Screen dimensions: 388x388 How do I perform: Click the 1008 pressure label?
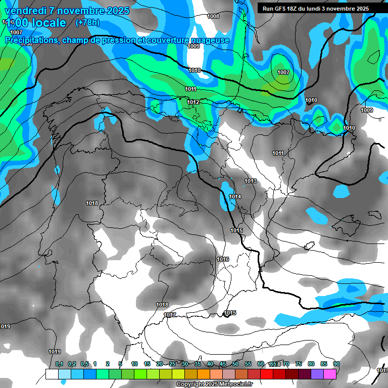pyautogui.click(x=213, y=17)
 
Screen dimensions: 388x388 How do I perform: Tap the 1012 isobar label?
pyautogui.click(x=192, y=102)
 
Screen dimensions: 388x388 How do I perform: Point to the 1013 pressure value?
pyautogui.click(x=251, y=181)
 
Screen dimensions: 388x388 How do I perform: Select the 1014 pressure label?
pyautogui.click(x=235, y=197)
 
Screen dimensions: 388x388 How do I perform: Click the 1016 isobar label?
pyautogui.click(x=223, y=259)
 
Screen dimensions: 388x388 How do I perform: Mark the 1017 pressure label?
pyautogui.click(x=170, y=315)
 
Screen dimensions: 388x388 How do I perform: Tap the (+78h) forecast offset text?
pyautogui.click(x=87, y=23)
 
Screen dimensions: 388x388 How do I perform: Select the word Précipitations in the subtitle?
pyautogui.click(x=31, y=40)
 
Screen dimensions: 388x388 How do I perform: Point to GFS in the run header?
pyautogui.click(x=283, y=9)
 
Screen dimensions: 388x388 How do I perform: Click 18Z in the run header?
pyautogui.click(x=298, y=9)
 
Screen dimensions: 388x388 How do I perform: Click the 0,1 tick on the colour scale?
pyautogui.click(x=59, y=364)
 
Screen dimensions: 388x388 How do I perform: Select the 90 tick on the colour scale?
pyautogui.click(x=336, y=364)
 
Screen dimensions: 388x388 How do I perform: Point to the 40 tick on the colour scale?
pyautogui.click(x=210, y=364)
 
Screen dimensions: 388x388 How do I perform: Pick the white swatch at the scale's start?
pyautogui.click(x=52, y=374)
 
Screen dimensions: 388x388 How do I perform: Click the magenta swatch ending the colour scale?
pyautogui.click(x=330, y=374)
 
